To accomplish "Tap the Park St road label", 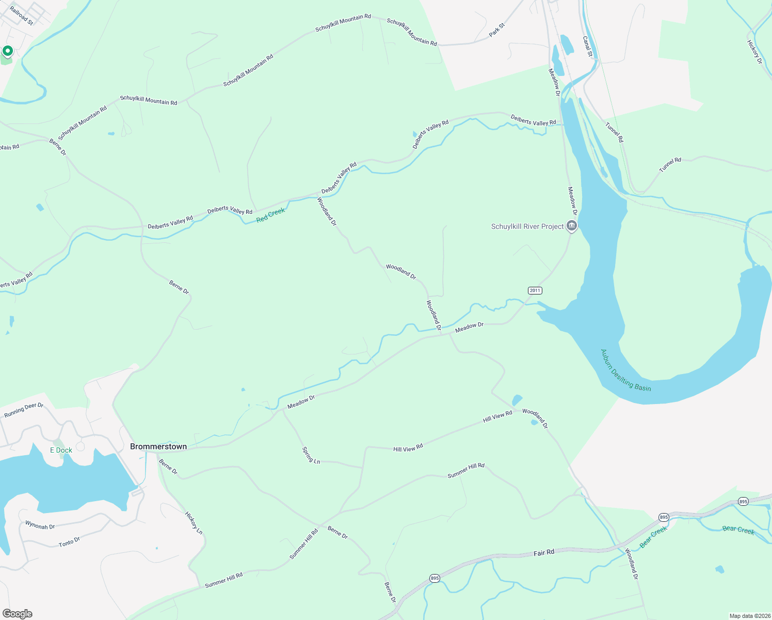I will [x=497, y=29].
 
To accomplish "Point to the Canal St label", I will [x=587, y=46].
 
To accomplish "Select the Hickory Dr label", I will [x=754, y=52].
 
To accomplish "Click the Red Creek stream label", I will [x=270, y=215].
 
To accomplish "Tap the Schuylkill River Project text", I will [x=527, y=226].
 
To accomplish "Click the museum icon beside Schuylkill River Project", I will [x=571, y=226].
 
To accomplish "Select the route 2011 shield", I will [x=535, y=290].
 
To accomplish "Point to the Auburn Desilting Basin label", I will [x=625, y=370].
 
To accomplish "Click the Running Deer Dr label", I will [x=24, y=410].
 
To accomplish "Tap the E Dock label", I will [x=61, y=450].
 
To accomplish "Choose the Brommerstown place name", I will [x=158, y=446].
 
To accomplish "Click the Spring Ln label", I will [x=311, y=455].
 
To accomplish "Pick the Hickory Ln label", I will [x=194, y=523].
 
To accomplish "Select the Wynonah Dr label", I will [x=40, y=525].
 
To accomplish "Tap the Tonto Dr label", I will [x=69, y=542].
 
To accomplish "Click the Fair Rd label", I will [x=544, y=553].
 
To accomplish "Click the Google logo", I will [x=18, y=614].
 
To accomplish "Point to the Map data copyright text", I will [x=749, y=616].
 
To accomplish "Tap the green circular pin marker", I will [x=7, y=51].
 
